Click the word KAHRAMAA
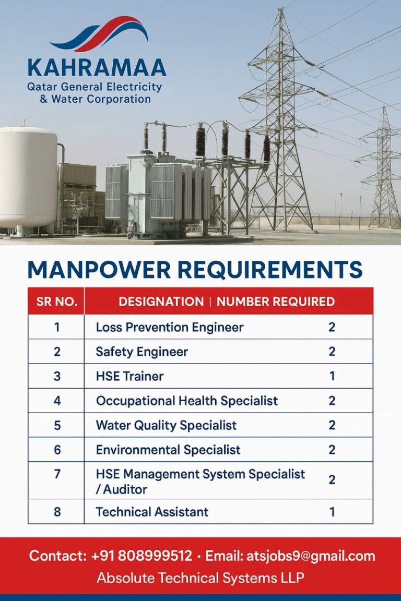tap(97, 68)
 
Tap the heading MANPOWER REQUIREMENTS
tap(195, 270)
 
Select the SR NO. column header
tap(56, 302)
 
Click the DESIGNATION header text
tap(161, 302)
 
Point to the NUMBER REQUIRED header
tap(276, 302)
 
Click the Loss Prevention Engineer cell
tap(170, 327)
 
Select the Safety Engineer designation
tap(141, 352)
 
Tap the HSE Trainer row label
tap(129, 376)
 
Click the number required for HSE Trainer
tap(332, 376)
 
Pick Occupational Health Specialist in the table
tap(187, 401)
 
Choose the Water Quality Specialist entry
tap(166, 425)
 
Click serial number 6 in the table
tap(57, 450)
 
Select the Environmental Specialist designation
tap(168, 450)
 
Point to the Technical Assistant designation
tap(152, 512)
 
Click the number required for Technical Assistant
tap(332, 512)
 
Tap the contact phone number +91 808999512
tap(141, 556)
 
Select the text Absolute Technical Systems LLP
tap(200, 578)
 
